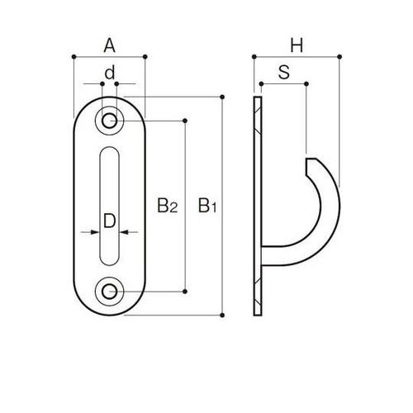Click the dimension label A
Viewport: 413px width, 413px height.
click(110, 46)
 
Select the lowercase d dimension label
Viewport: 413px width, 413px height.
click(110, 73)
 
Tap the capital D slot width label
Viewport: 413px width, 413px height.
click(110, 221)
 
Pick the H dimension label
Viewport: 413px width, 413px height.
click(297, 46)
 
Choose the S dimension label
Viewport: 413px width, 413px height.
click(282, 73)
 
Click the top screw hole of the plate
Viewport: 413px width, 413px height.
click(110, 121)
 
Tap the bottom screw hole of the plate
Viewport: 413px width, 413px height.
click(110, 290)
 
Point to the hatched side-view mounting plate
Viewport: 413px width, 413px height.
click(258, 206)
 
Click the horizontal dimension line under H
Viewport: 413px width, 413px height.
click(297, 56)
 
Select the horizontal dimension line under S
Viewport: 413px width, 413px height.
click(282, 83)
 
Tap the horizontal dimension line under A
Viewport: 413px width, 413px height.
click(110, 56)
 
